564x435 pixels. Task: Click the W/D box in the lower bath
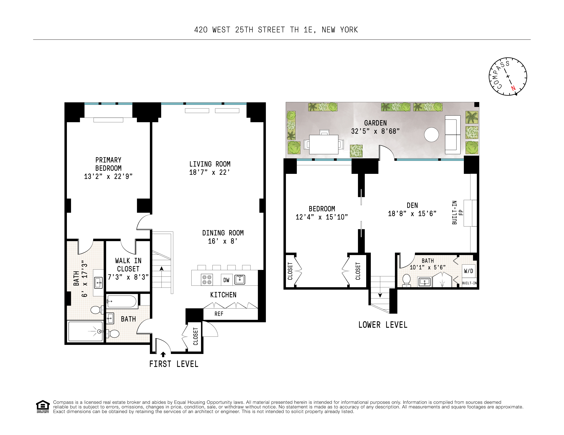tap(468, 271)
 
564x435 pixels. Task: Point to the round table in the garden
tap(431, 135)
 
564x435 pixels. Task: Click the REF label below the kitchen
tap(219, 314)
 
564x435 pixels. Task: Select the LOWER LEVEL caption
tap(383, 325)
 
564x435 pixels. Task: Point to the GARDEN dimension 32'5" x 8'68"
tap(375, 131)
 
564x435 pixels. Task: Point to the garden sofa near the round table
tap(452, 135)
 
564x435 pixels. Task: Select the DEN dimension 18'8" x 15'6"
tap(412, 214)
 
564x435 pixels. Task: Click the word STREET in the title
tap(271, 30)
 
